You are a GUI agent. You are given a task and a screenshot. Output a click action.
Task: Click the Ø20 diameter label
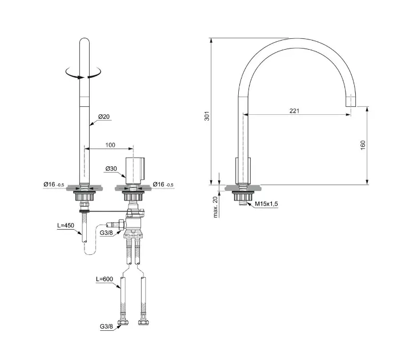point(104,117)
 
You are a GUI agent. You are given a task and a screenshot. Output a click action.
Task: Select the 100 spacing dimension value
point(110,145)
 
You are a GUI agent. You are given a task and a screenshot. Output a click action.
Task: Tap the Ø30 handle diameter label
point(111,169)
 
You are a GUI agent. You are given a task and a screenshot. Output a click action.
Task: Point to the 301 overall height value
point(207,116)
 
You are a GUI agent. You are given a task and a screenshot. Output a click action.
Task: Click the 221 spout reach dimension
point(294,111)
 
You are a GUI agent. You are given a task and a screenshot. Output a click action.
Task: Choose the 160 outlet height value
point(363,145)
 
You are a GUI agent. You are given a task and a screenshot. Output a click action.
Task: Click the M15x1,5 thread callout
point(266,204)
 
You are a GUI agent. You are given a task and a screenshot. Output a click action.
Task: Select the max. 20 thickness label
point(215,207)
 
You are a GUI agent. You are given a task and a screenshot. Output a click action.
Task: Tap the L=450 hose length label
point(66,225)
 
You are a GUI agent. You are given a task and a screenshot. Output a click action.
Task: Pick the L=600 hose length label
point(105,279)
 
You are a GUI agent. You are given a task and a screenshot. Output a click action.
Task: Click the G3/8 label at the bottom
point(106,326)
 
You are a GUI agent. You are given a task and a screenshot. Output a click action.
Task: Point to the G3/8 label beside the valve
point(106,233)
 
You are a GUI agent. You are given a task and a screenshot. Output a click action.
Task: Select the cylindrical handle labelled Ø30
point(135,170)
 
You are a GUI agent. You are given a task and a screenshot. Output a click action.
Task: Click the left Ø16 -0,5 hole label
point(54,184)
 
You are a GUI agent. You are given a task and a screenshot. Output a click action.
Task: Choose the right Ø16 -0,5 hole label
point(163,184)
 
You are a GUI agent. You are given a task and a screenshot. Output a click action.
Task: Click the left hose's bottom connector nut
point(122,322)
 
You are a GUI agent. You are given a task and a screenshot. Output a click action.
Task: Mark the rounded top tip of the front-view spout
point(85,39)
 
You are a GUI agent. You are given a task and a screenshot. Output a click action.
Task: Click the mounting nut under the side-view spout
point(242,197)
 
